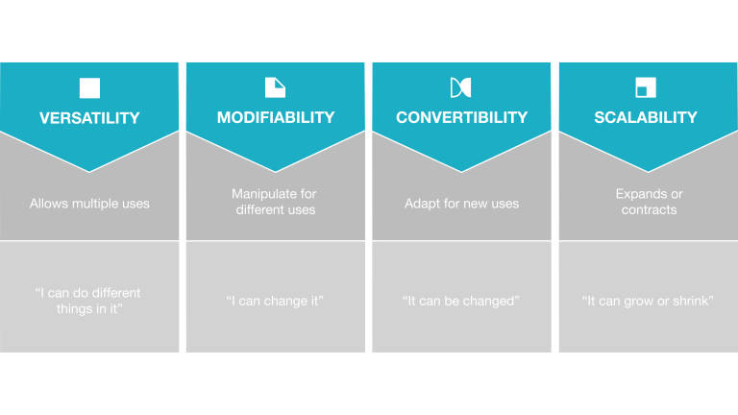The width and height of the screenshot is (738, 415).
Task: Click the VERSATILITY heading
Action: pos(89,117)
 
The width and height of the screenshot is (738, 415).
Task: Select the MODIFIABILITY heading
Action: pos(276,117)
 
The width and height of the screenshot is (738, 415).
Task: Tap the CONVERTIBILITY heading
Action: pos(461,117)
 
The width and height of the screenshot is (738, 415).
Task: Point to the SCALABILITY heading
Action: pos(646,117)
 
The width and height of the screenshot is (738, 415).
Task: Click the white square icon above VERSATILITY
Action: pos(89,88)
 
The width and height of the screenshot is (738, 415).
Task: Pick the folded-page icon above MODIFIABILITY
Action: pos(276,87)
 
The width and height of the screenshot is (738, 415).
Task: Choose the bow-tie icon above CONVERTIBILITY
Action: pos(461,87)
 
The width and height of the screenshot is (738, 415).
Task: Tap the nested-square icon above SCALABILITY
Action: pos(646,87)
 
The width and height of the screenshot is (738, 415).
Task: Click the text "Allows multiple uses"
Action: pos(89,204)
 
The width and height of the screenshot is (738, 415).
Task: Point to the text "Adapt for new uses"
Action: pos(461,204)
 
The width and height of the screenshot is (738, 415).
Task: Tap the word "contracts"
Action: pos(649,209)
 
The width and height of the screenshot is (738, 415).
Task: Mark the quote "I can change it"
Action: pos(275,301)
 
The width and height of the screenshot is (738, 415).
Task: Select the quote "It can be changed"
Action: pos(461,301)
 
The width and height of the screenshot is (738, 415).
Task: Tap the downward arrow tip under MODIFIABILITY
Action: pos(276,172)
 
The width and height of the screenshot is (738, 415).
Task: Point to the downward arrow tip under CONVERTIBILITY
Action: pos(461,172)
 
